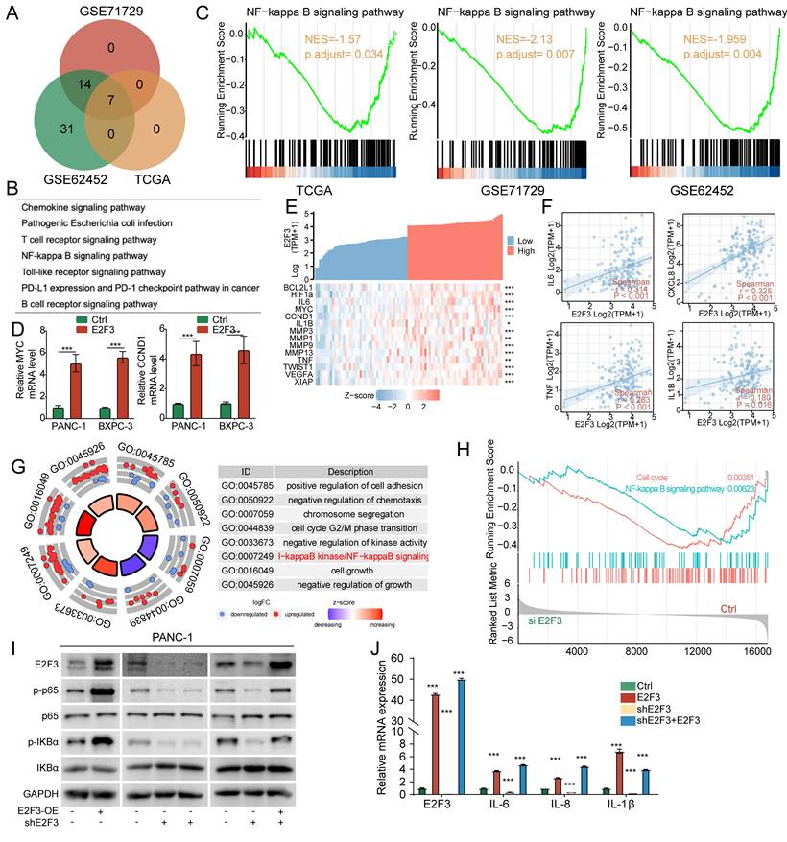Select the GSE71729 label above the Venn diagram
coord(106,9)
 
